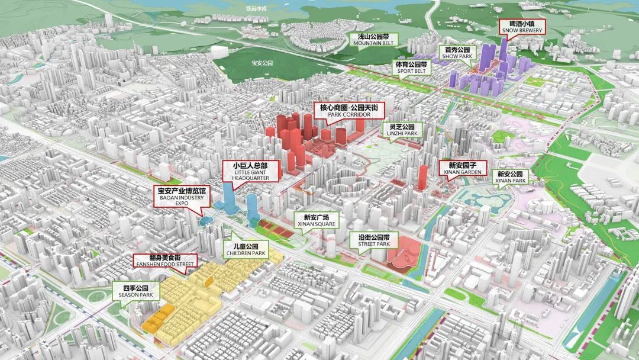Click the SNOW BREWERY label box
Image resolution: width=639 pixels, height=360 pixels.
tap(521, 27)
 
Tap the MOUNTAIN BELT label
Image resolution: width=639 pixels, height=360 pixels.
tap(373, 40)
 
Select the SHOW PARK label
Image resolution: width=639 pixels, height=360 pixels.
tap(456, 53)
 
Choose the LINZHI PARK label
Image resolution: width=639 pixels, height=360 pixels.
tap(403, 130)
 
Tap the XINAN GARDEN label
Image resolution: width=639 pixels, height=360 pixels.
tap(460, 168)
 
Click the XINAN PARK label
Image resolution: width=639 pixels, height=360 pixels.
tap(510, 177)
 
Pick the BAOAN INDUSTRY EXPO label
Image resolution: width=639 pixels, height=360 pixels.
tap(180, 196)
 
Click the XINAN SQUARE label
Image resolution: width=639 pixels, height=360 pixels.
tap(317, 220)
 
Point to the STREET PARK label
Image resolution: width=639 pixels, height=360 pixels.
tap(374, 240)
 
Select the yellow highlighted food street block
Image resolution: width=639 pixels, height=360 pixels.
tap(189, 296)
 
